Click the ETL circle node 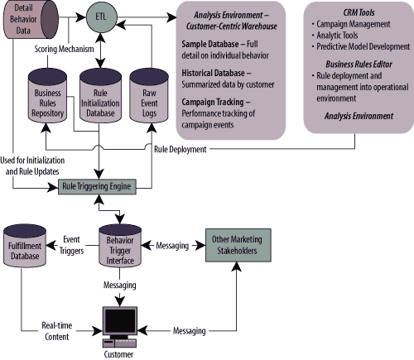pyautogui.click(x=102, y=17)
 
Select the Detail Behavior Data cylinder pyautogui.click(x=31, y=19)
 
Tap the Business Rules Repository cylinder pyautogui.click(x=47, y=95)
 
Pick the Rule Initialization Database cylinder pyautogui.click(x=100, y=95)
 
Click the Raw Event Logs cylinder pyautogui.click(x=149, y=95)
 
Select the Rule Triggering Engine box pyautogui.click(x=97, y=186)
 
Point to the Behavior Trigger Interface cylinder pyautogui.click(x=120, y=246)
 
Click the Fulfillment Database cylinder pyautogui.click(x=25, y=246)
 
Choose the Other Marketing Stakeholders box pyautogui.click(x=238, y=245)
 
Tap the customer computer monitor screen pyautogui.click(x=120, y=320)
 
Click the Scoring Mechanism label pyautogui.click(x=64, y=49)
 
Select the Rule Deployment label pyautogui.click(x=181, y=149)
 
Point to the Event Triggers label pyautogui.click(x=71, y=245)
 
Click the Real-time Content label pyautogui.click(x=57, y=331)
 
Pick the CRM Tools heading pyautogui.click(x=359, y=12)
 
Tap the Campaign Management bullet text pyautogui.click(x=354, y=24)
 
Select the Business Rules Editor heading pyautogui.click(x=359, y=65)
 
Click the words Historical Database pyautogui.click(x=213, y=73)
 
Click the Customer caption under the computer pyautogui.click(x=118, y=354)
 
